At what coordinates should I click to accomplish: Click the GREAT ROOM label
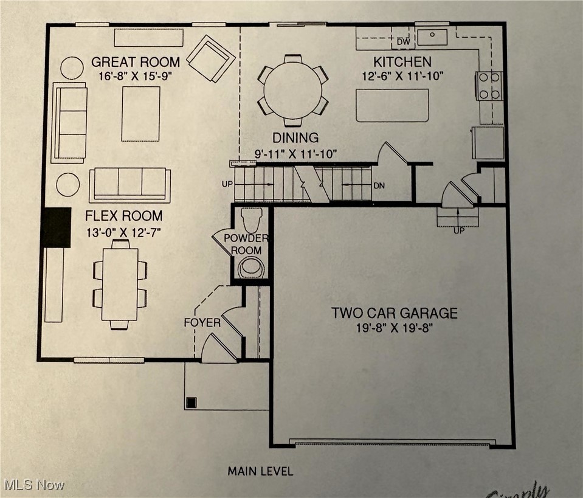click(135, 61)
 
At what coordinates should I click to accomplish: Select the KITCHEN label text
click(402, 61)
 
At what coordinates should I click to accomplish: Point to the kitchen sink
click(432, 36)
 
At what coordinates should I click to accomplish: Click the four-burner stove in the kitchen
click(490, 86)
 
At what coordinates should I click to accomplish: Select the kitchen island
click(392, 105)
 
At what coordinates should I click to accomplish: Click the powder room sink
click(250, 266)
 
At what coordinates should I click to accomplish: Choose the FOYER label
click(202, 322)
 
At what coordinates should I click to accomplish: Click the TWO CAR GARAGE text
click(394, 313)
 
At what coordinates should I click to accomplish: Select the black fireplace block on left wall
click(57, 227)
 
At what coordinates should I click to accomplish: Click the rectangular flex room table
click(120, 284)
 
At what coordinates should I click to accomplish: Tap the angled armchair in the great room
click(210, 58)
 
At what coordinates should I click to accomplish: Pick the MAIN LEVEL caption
click(260, 471)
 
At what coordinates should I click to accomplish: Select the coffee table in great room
click(140, 114)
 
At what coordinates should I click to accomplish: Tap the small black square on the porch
click(191, 402)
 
